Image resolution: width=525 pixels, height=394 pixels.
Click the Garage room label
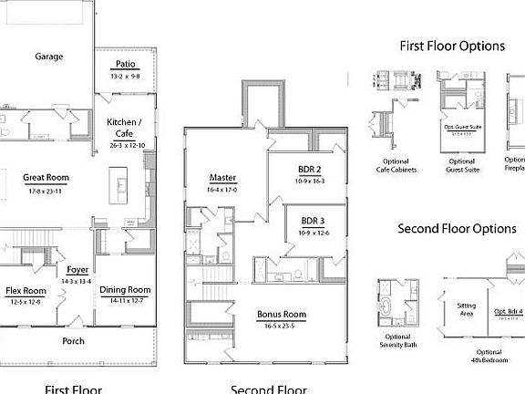click(x=49, y=57)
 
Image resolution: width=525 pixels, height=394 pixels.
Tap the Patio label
click(x=126, y=64)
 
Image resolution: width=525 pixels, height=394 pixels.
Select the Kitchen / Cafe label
click(x=125, y=128)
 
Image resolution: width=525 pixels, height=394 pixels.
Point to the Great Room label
click(x=46, y=178)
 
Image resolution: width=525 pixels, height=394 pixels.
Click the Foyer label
click(x=77, y=270)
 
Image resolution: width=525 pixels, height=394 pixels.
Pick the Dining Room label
click(x=126, y=289)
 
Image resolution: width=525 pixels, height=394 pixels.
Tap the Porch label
click(x=74, y=341)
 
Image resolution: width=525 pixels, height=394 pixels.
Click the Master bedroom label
click(x=222, y=178)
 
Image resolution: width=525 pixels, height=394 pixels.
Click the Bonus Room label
click(x=281, y=315)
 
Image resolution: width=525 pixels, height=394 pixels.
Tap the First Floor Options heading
click(x=452, y=46)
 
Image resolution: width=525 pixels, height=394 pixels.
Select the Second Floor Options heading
click(x=457, y=228)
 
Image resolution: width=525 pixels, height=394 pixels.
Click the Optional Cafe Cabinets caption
click(x=393, y=164)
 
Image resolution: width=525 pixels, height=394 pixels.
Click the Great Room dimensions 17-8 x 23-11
click(x=46, y=192)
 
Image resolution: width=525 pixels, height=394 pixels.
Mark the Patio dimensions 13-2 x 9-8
click(x=126, y=76)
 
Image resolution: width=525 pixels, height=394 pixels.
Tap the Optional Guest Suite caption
click(x=462, y=164)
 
